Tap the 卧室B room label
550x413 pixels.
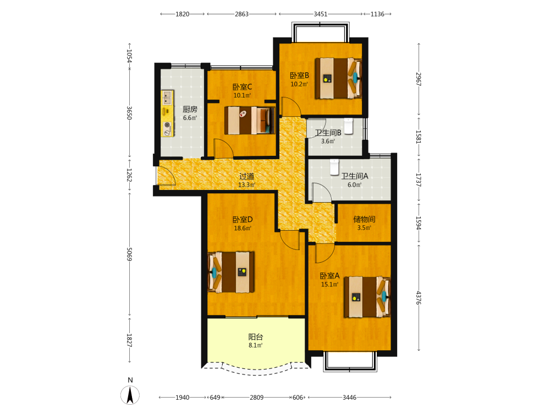coord(299,75)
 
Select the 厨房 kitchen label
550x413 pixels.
coord(190,109)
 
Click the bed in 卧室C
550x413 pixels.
coord(249,121)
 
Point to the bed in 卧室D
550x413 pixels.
coord(231,272)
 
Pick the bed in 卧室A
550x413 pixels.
coord(367,297)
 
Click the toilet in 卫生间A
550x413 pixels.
coord(334,167)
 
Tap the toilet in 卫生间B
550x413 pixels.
coord(348,126)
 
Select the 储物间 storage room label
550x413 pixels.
coord(364,219)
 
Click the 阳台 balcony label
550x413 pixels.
coord(255,337)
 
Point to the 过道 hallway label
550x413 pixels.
coord(246,176)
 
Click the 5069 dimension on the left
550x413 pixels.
coord(129,254)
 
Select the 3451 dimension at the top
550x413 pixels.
coord(320,14)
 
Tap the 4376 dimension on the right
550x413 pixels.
coord(419,297)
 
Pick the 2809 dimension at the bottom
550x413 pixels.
coord(256,398)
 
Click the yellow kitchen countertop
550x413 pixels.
coord(168,113)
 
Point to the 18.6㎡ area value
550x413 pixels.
coord(243,229)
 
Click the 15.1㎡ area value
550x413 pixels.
coord(329,285)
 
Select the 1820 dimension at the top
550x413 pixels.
coord(182,14)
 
